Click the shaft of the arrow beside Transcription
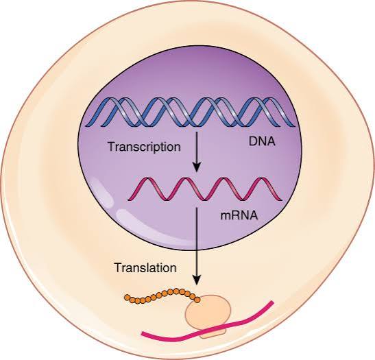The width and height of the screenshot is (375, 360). tap(196, 147)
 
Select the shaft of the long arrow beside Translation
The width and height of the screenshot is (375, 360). tap(196, 240)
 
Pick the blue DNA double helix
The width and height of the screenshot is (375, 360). tap(192, 110)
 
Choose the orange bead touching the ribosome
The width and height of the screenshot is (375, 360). tap(197, 299)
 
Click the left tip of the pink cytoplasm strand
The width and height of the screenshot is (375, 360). tap(143, 334)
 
